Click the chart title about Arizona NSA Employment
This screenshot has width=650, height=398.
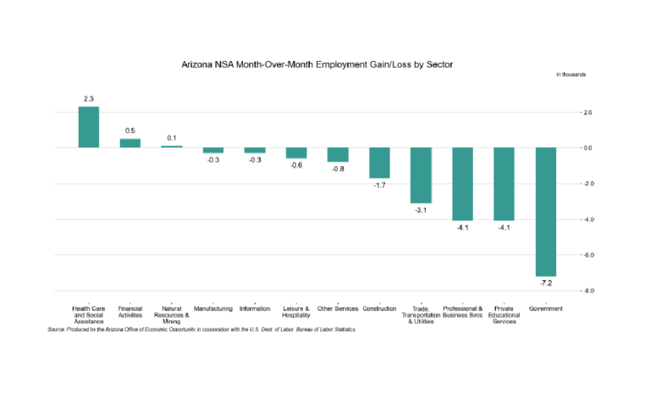(x=324, y=64)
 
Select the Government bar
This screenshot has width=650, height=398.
(x=546, y=212)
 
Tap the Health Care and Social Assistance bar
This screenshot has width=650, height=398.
(x=89, y=127)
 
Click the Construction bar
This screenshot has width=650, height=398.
(x=379, y=163)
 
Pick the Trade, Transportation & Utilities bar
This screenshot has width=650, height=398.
(x=421, y=175)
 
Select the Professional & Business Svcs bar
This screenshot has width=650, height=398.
(x=462, y=184)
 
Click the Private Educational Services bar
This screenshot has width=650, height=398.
(x=504, y=184)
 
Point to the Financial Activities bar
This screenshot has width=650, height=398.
(x=130, y=143)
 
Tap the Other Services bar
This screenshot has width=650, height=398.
(x=338, y=155)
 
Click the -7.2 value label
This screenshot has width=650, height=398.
(x=546, y=283)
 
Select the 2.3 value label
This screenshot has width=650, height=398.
(x=89, y=99)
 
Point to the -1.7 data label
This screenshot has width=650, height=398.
(x=379, y=185)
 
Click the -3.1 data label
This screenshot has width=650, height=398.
(x=421, y=210)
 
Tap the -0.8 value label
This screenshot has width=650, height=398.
(x=338, y=169)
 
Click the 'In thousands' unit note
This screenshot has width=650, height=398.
(x=570, y=75)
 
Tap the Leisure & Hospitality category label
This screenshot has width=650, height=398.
(x=296, y=312)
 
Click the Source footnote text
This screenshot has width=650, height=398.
(x=201, y=329)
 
